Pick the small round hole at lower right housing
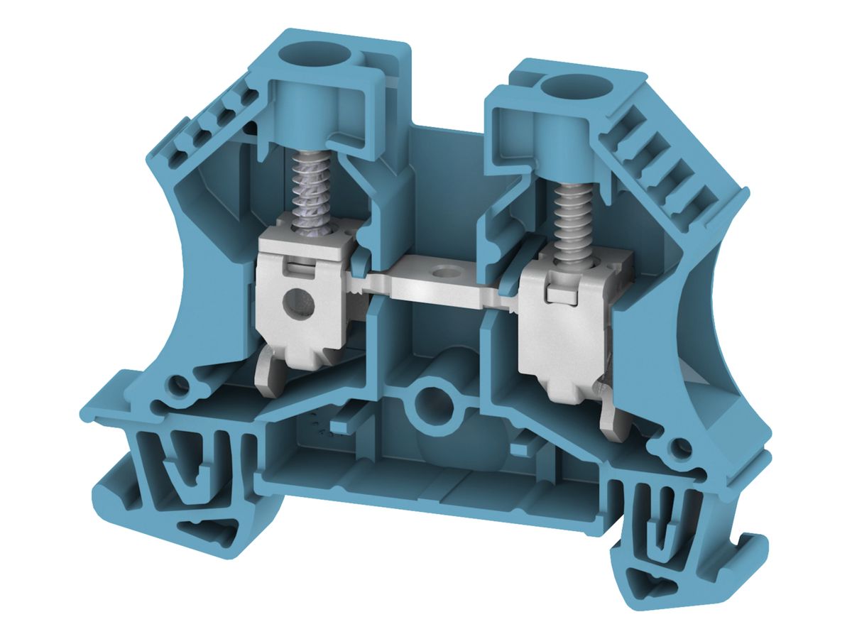click(x=679, y=449)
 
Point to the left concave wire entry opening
click(x=170, y=270)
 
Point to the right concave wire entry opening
click(x=717, y=341)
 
